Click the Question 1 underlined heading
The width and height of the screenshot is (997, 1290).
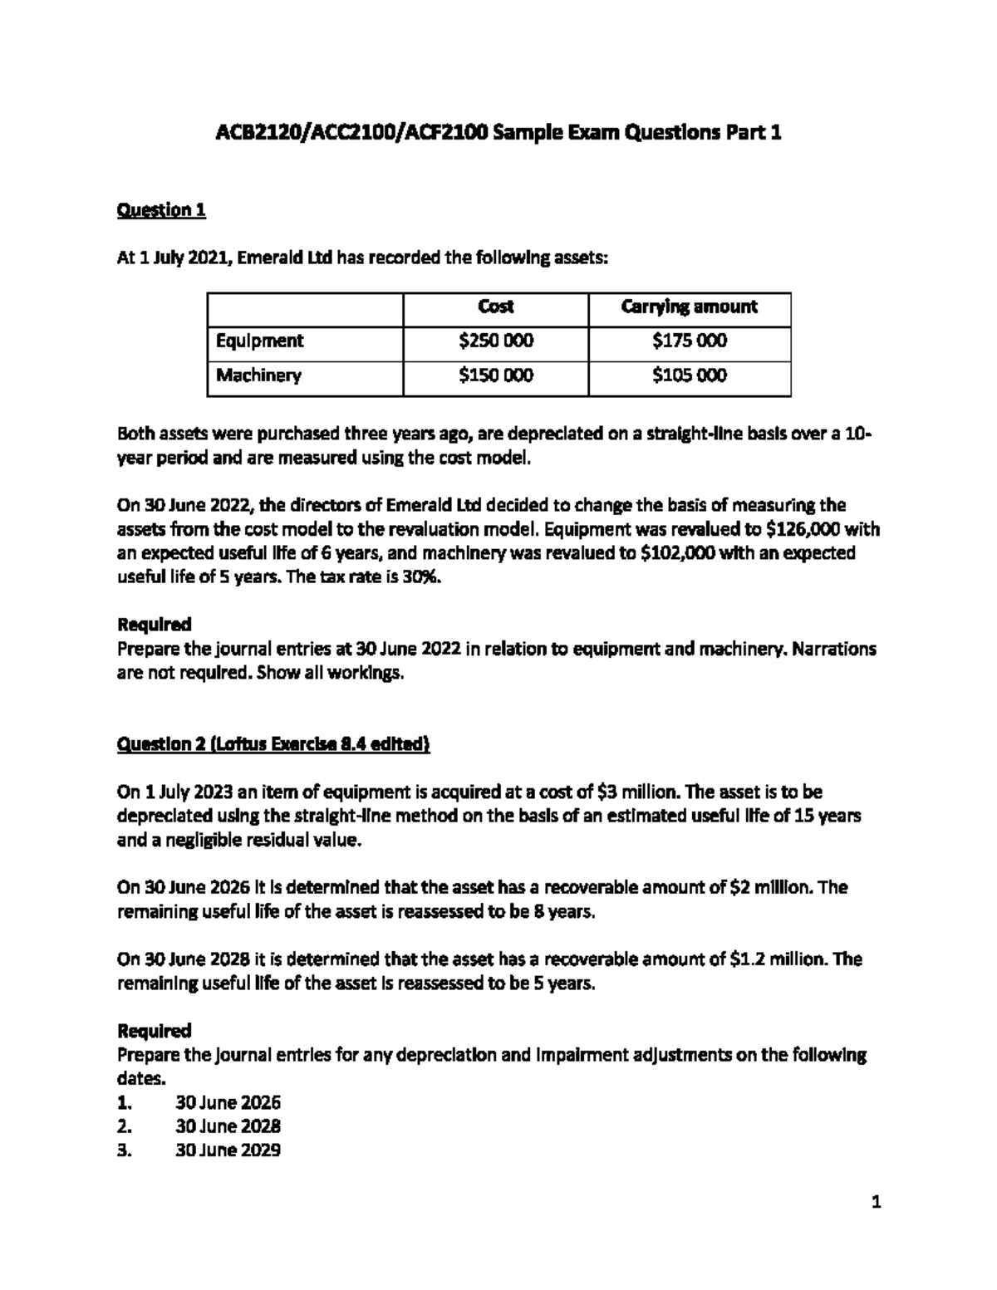[161, 210]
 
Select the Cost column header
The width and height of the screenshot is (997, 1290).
[495, 307]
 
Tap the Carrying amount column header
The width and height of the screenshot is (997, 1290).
[689, 307]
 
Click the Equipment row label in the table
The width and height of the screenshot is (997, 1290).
[259, 341]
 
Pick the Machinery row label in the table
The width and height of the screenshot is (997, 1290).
[258, 375]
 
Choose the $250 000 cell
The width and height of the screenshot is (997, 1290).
[495, 341]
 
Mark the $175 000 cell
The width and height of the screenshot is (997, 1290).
[689, 341]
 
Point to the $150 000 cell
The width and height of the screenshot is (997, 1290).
[495, 375]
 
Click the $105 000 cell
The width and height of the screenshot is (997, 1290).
[689, 375]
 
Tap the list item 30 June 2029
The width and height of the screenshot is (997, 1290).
[228, 1150]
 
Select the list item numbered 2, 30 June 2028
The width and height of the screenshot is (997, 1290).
[228, 1126]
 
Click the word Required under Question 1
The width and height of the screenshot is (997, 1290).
[155, 624]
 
